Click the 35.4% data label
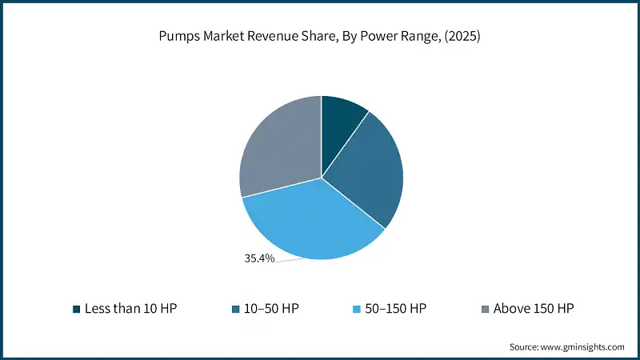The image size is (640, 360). pyautogui.click(x=259, y=258)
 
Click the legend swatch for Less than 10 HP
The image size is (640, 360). pyautogui.click(x=76, y=308)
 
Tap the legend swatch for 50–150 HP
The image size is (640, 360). pyautogui.click(x=357, y=308)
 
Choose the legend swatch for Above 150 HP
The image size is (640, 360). pyautogui.click(x=485, y=308)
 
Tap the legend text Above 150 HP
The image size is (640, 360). pyautogui.click(x=534, y=308)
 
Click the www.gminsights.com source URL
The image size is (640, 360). pyautogui.click(x=581, y=346)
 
